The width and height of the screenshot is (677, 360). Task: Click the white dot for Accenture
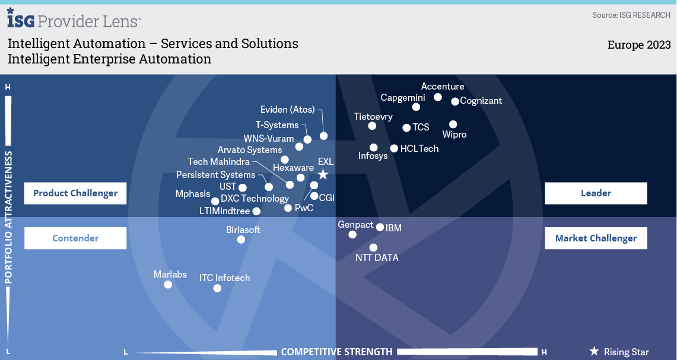(438, 97)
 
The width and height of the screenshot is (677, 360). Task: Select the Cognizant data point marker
(455, 101)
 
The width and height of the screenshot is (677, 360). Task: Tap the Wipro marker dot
(453, 125)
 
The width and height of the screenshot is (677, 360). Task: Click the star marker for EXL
(323, 174)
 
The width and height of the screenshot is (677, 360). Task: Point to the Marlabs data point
(168, 285)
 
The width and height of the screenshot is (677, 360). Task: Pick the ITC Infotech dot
(217, 288)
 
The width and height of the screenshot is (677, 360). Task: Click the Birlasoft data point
(241, 240)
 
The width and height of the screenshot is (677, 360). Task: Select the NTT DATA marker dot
(373, 248)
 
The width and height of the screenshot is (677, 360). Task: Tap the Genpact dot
(352, 234)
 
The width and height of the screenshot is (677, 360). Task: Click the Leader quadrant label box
(596, 193)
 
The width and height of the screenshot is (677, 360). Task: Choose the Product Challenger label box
(75, 193)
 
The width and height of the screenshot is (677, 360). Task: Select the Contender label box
(75, 238)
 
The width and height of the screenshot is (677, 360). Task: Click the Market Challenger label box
(596, 238)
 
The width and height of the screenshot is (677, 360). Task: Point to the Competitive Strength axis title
(336, 352)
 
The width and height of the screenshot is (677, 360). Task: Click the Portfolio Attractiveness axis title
(9, 217)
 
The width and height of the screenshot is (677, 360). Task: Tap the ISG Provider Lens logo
(74, 20)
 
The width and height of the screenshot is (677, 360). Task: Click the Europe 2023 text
(639, 45)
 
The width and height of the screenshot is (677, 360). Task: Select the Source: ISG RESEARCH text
(631, 15)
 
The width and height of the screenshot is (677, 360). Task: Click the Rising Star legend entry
(619, 352)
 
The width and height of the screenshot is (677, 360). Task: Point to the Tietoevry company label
(373, 117)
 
